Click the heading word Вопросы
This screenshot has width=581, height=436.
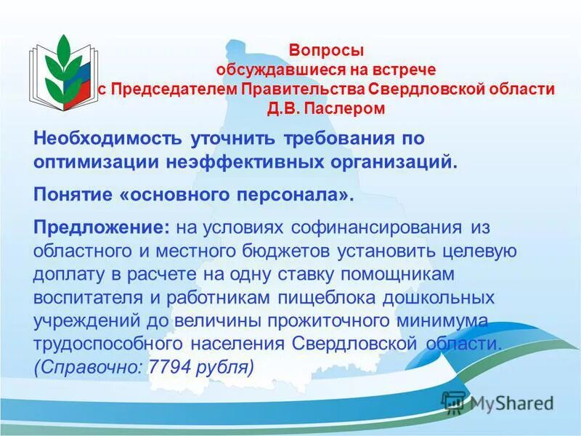[326, 51]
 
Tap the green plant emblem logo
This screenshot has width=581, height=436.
[62, 69]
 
